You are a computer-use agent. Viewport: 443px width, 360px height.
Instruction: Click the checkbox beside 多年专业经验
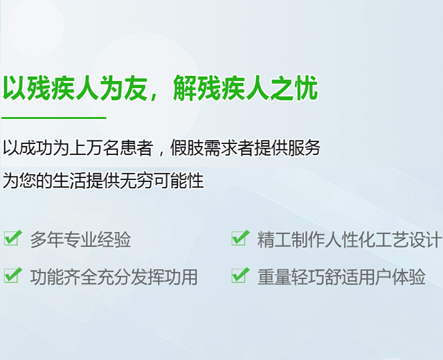tap(12, 238)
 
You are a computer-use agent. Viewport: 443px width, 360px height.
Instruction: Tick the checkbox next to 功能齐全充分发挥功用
tap(12, 276)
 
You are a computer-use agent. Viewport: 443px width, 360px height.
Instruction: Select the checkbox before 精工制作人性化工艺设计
tap(240, 238)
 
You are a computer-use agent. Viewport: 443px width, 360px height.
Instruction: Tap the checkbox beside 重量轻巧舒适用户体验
tap(240, 276)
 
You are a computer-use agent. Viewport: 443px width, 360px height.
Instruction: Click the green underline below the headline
tap(54, 118)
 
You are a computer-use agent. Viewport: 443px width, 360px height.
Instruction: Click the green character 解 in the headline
tap(185, 88)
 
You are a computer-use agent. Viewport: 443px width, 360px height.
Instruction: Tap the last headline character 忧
tap(306, 88)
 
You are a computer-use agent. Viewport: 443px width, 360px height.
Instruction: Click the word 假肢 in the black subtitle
tap(187, 147)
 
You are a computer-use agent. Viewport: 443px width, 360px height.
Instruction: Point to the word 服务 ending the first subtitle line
tap(304, 147)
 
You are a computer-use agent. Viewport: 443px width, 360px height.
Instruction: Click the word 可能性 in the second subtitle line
tap(179, 180)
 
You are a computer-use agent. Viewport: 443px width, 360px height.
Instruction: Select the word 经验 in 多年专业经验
tap(114, 240)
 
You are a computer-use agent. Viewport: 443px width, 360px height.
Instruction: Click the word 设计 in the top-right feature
tap(424, 240)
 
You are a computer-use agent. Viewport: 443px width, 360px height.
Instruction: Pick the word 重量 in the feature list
tap(274, 277)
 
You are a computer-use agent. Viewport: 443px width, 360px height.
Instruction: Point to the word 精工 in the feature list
tap(274, 240)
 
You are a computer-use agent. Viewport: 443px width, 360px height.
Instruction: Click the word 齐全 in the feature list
tap(80, 277)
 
